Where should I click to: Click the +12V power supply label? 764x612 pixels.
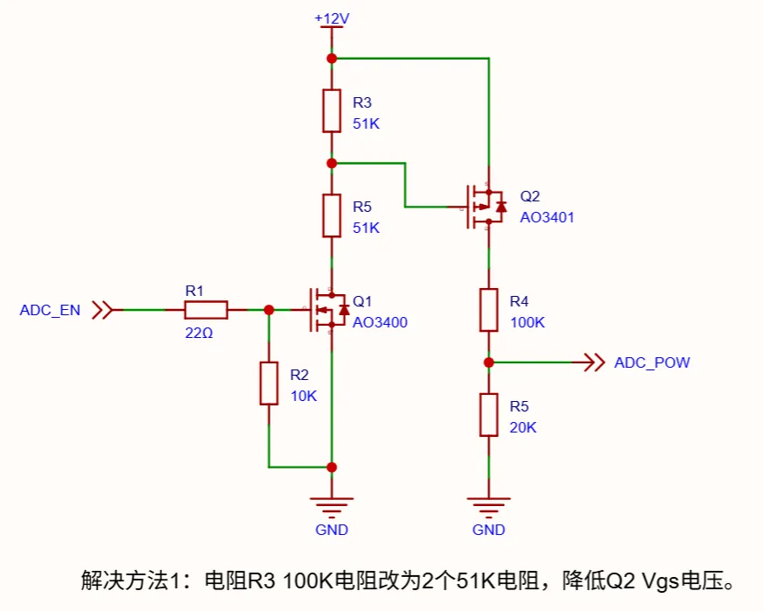tap(332, 18)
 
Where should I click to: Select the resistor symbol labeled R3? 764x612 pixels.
tap(332, 110)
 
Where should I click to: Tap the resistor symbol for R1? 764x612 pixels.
tap(206, 309)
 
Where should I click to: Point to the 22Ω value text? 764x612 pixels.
tap(199, 333)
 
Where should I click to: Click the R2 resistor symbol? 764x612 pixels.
tap(269, 383)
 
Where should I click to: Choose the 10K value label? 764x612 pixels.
tap(304, 395)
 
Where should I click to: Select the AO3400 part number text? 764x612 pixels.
tap(380, 322)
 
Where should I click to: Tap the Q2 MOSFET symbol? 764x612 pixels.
tap(484, 207)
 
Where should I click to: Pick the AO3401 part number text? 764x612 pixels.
tap(547, 217)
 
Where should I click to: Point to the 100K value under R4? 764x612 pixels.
tap(527, 322)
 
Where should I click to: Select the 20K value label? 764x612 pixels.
tap(522, 427)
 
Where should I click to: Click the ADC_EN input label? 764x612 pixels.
tap(50, 310)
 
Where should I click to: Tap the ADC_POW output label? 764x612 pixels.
tap(652, 362)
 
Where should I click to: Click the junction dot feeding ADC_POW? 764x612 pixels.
tap(488, 362)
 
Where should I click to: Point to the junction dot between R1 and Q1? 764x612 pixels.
tap(269, 309)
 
